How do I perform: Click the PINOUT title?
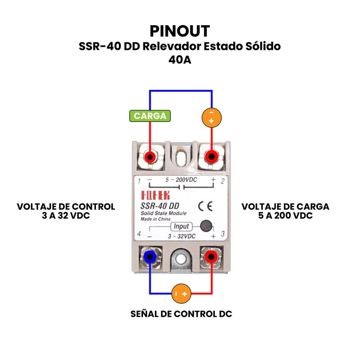click(x=180, y=31)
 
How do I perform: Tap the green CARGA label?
click(x=150, y=116)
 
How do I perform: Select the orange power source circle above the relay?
click(x=211, y=117)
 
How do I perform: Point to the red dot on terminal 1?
click(x=150, y=157)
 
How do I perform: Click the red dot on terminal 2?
click(x=211, y=157)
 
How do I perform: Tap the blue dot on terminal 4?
click(x=150, y=257)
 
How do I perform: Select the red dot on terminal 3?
click(x=210, y=257)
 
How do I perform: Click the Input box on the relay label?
click(x=181, y=226)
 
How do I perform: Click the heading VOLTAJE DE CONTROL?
click(x=66, y=207)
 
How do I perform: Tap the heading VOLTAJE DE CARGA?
click(x=285, y=207)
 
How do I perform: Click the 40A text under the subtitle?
click(x=180, y=59)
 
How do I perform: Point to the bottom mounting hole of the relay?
click(x=181, y=259)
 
